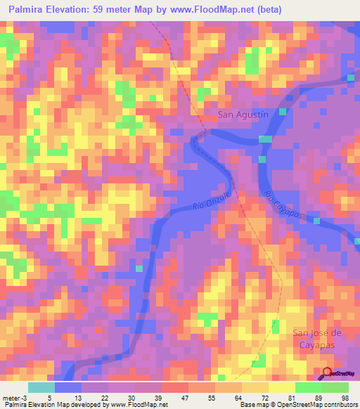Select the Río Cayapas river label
tap(284, 204)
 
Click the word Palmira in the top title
tap(25, 10)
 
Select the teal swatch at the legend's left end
tap(41, 387)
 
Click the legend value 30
tap(132, 397)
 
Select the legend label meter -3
tap(14, 397)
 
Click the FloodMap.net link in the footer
tap(140, 405)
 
